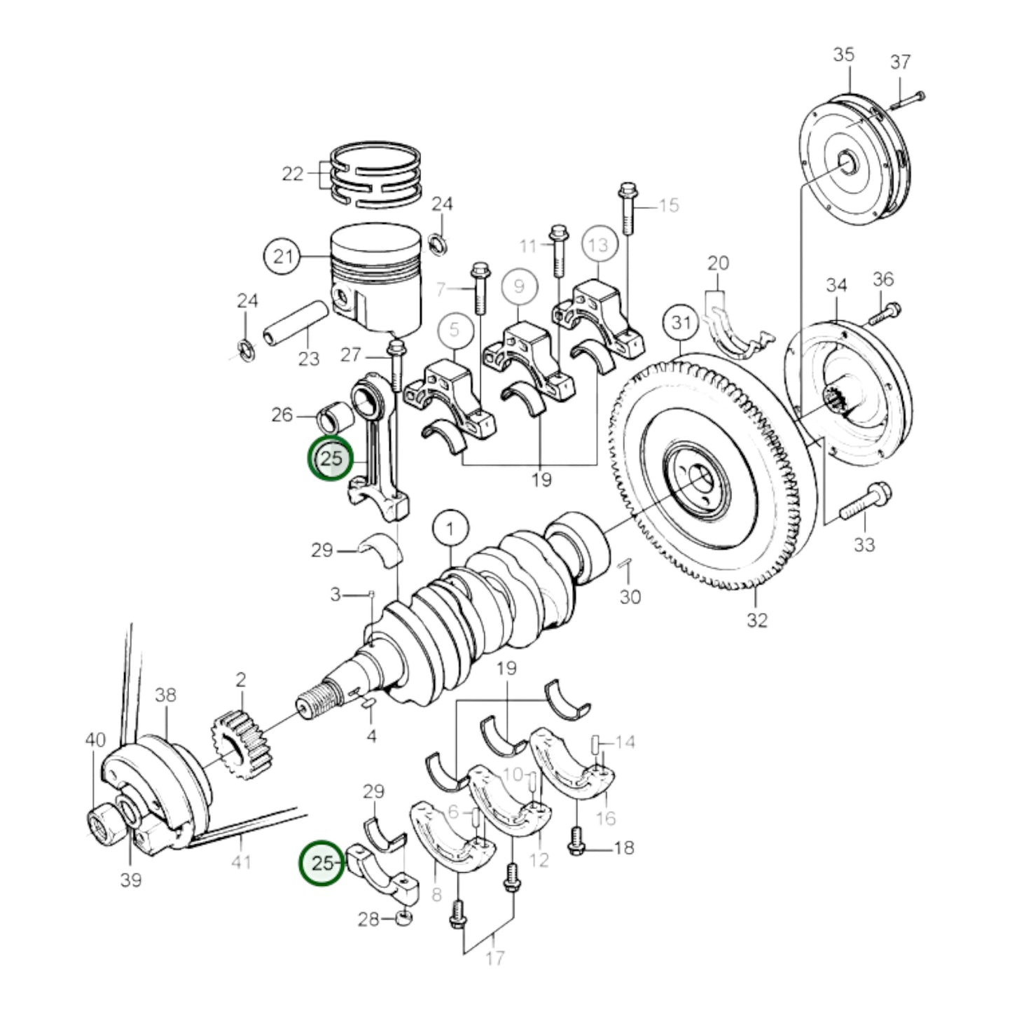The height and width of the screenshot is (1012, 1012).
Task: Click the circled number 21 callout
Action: click(283, 256)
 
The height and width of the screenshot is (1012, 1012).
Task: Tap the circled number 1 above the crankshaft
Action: click(450, 529)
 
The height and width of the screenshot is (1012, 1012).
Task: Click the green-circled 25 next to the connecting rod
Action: click(331, 458)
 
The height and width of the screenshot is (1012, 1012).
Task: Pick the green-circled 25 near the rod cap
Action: click(322, 863)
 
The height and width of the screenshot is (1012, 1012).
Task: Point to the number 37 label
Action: click(900, 62)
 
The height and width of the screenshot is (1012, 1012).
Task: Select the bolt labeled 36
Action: click(885, 314)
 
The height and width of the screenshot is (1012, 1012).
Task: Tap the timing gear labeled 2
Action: click(241, 748)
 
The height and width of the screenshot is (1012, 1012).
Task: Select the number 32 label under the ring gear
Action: click(756, 620)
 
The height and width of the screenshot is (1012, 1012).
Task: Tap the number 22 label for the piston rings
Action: click(293, 174)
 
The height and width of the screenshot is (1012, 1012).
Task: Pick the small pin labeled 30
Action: click(627, 564)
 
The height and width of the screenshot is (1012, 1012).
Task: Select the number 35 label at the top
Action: click(844, 54)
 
